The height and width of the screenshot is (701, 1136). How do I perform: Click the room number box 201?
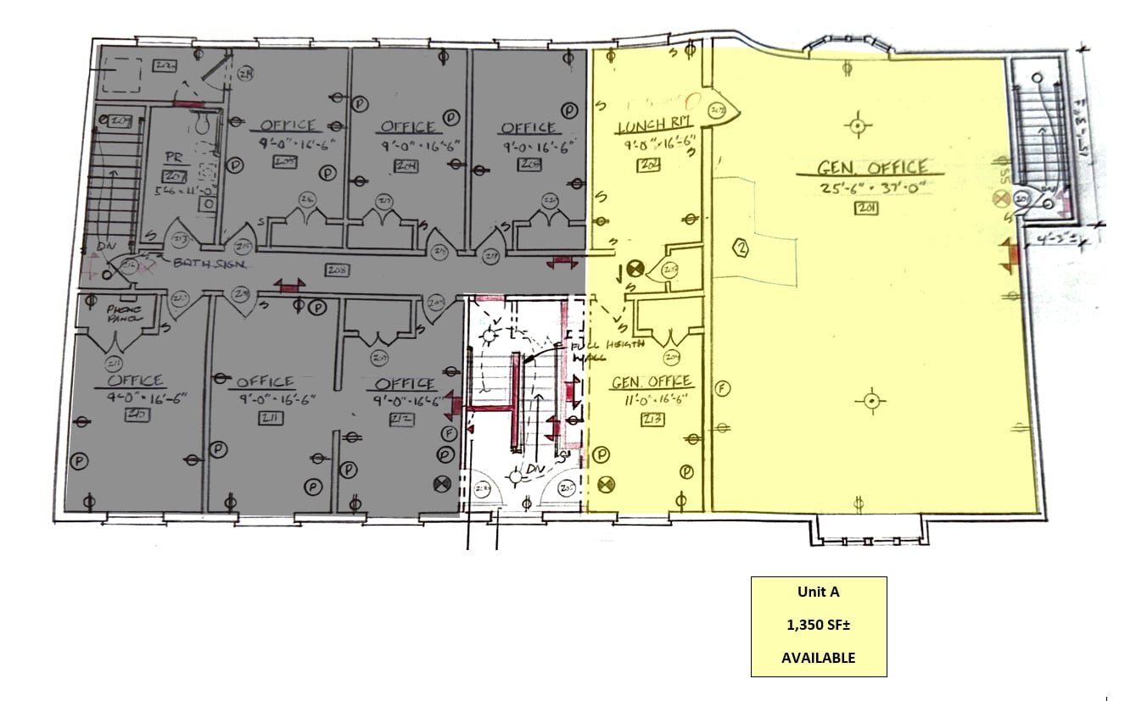point(865,208)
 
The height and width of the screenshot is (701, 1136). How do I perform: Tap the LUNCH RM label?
point(655,127)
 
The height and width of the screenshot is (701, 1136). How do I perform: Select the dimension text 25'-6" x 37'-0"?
point(862,186)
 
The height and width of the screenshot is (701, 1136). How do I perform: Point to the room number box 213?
point(652,419)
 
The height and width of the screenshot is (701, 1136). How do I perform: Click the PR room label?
point(173,159)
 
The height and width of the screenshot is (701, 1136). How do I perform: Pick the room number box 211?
point(271,418)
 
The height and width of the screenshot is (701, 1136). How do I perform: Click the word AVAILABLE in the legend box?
point(818,658)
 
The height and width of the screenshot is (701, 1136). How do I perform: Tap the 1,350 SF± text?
point(818,626)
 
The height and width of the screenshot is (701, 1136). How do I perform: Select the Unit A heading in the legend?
point(818,593)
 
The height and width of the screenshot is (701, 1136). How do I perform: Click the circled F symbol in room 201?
point(724,388)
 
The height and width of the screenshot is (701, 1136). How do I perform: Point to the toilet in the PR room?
point(202,124)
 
